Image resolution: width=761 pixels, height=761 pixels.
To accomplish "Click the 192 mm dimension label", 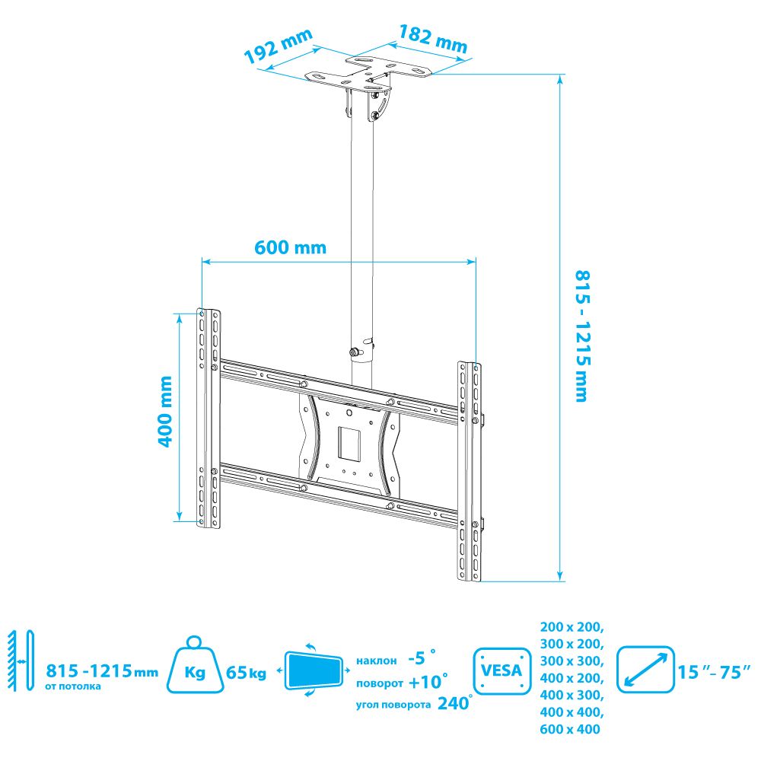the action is pos(278,46).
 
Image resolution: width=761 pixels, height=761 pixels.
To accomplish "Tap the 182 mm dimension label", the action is pos(433,39).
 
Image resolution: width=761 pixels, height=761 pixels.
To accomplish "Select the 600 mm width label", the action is pos(290,247).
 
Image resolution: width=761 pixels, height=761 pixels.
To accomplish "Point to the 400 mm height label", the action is pos(166,412).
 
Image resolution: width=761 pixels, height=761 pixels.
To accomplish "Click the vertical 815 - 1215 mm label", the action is pos(582,336).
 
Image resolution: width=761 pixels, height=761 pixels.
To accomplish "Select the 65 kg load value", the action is pos(246,673).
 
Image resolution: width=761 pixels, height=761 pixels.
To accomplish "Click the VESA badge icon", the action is pos(501,671).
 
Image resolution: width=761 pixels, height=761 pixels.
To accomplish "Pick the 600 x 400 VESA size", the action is pos(570,729).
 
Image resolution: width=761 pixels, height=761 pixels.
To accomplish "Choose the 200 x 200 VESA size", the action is pos(572,627).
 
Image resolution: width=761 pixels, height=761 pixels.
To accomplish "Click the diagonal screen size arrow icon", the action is pos(645,669).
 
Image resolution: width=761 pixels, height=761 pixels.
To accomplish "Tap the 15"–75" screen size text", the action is pos(714,672).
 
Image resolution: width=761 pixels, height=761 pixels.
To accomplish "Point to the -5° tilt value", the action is pos(422,658).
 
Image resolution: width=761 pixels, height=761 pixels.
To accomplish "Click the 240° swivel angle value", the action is pos(454,702).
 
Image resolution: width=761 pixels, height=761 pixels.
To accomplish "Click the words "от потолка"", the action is pos(73,686).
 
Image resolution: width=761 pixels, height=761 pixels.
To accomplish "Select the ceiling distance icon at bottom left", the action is pos(21,661).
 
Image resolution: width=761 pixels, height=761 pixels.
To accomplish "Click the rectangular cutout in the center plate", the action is pos(349,443).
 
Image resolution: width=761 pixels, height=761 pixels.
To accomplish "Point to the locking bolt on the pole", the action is pos(354,352).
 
